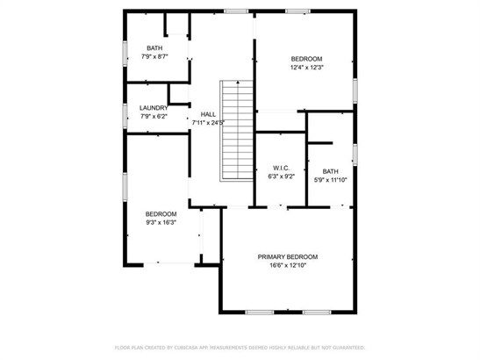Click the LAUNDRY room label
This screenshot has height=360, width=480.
154,108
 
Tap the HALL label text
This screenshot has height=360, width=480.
208,114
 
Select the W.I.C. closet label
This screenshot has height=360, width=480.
281,168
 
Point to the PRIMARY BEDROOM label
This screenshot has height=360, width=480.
288,256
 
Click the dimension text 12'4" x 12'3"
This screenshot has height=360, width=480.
307,67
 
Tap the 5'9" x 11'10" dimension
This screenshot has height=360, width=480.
330,180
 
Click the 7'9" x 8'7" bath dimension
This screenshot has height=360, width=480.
154,56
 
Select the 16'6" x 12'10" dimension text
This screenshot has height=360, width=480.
288,265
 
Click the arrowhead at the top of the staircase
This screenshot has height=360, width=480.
238,82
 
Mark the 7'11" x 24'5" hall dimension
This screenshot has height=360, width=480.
208,123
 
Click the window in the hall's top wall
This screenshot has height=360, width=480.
236,11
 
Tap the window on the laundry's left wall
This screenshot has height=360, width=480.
125,116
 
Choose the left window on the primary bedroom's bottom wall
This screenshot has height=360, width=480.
260,313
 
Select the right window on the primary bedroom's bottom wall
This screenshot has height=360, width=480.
317,313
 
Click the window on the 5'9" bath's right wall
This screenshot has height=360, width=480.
355,155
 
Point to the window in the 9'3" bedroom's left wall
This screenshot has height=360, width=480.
125,187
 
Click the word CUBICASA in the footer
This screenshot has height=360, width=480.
183,348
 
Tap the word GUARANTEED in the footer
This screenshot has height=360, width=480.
348,348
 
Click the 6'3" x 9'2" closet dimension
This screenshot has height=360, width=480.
282,176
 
